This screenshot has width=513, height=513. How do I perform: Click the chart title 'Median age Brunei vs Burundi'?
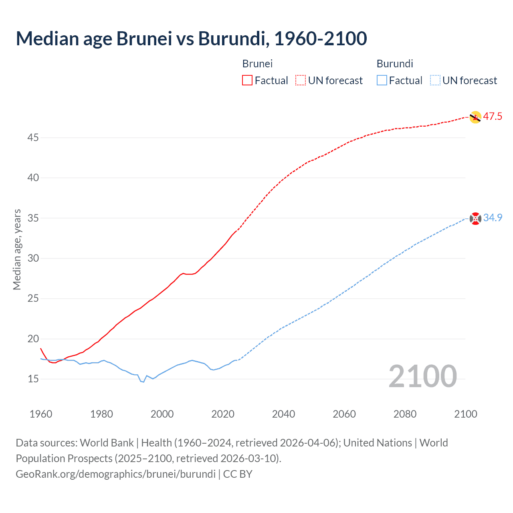click(x=191, y=38)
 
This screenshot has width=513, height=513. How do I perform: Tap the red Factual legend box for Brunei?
click(x=247, y=80)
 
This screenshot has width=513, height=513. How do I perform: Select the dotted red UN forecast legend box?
click(x=301, y=80)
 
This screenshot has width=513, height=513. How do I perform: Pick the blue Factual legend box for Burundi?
click(x=382, y=80)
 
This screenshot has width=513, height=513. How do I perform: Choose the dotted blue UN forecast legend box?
click(x=435, y=80)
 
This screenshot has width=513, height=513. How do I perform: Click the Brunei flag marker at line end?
click(x=475, y=117)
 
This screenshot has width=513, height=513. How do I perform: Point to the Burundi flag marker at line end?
click(x=475, y=218)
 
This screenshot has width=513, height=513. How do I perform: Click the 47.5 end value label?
click(x=493, y=117)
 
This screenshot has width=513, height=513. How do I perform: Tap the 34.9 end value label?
click(x=493, y=218)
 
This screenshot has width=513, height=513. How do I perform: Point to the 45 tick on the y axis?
click(x=33, y=137)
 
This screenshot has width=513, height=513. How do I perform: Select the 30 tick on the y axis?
click(x=33, y=258)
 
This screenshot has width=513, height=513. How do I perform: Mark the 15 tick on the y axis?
click(x=33, y=379)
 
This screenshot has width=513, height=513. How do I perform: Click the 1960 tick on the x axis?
click(x=41, y=414)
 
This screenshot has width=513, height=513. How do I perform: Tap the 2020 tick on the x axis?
click(x=223, y=414)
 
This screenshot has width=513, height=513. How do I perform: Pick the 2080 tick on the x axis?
click(x=405, y=414)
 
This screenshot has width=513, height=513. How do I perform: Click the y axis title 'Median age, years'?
click(x=17, y=249)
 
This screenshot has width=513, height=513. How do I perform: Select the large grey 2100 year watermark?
click(x=422, y=376)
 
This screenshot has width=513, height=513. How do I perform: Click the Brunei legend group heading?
click(x=257, y=64)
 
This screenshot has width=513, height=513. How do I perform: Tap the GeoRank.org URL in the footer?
click(x=115, y=474)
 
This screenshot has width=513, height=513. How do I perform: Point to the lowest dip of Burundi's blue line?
click(x=143, y=382)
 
